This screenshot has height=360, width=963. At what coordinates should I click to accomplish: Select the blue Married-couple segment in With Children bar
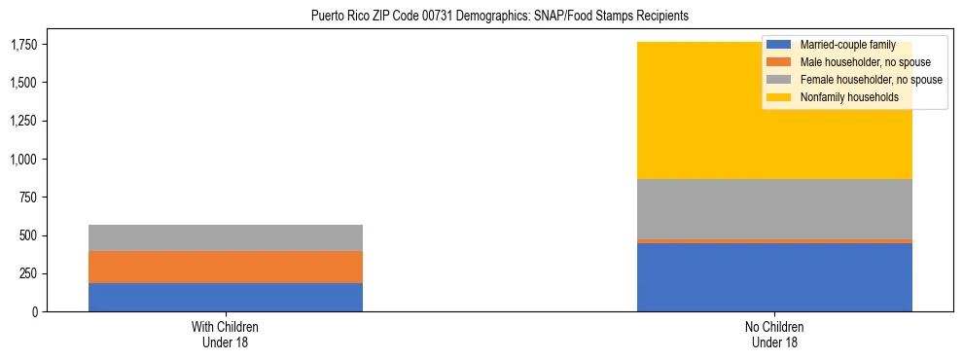[226, 297]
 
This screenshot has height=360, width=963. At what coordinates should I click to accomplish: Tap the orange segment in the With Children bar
[226, 267]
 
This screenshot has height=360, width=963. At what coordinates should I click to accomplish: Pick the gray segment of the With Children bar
[226, 237]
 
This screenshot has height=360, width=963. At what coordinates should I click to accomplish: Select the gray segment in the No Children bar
[774, 208]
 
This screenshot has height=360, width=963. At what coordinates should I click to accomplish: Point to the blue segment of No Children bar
[774, 277]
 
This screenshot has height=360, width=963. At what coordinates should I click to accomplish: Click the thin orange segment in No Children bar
[774, 240]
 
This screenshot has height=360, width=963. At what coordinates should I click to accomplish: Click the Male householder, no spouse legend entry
[851, 62]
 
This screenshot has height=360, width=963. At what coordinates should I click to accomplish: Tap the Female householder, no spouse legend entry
[857, 80]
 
